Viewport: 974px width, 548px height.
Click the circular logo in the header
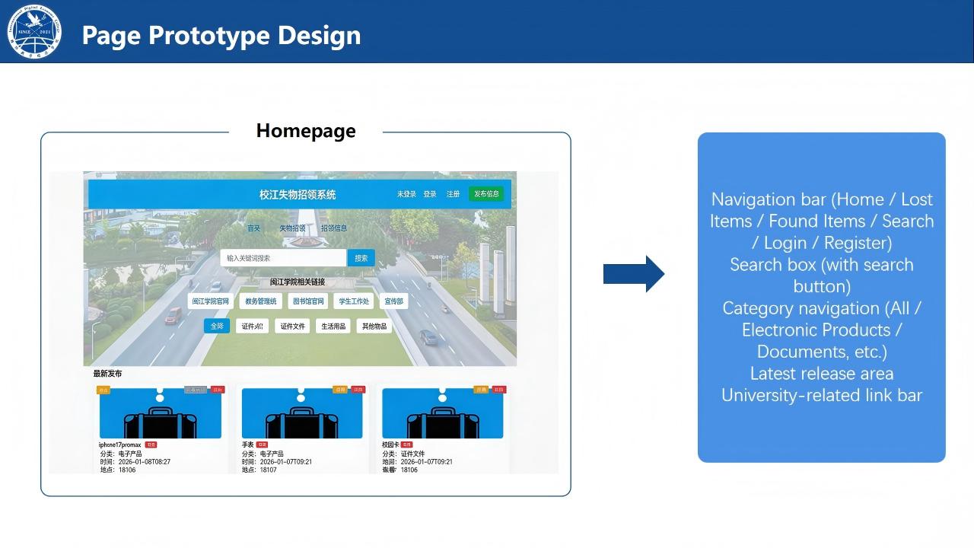coord(34,32)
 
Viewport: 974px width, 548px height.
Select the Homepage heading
coord(306,131)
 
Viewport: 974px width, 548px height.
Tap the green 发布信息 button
coord(486,194)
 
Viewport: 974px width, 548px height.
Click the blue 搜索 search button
coord(361,258)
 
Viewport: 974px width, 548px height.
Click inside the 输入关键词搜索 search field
coord(283,258)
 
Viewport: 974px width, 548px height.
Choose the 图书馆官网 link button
coord(308,301)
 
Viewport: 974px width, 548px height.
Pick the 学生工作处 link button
coord(354,301)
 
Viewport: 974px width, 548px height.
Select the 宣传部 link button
coord(393,301)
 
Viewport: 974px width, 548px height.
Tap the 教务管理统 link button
coord(261,301)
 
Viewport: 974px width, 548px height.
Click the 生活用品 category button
coord(333,327)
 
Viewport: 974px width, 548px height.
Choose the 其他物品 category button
coord(374,327)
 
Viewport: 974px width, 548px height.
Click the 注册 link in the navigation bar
coord(453,194)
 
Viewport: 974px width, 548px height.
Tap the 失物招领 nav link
coord(292,228)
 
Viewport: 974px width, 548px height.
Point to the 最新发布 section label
coord(107,374)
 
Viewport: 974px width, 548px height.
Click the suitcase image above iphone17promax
coord(160,415)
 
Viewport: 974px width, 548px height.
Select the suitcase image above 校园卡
coord(442,415)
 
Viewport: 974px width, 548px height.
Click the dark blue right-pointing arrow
coord(634,274)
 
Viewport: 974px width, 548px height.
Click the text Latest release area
coord(822,374)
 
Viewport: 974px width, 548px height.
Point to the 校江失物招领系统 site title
coord(298,195)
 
